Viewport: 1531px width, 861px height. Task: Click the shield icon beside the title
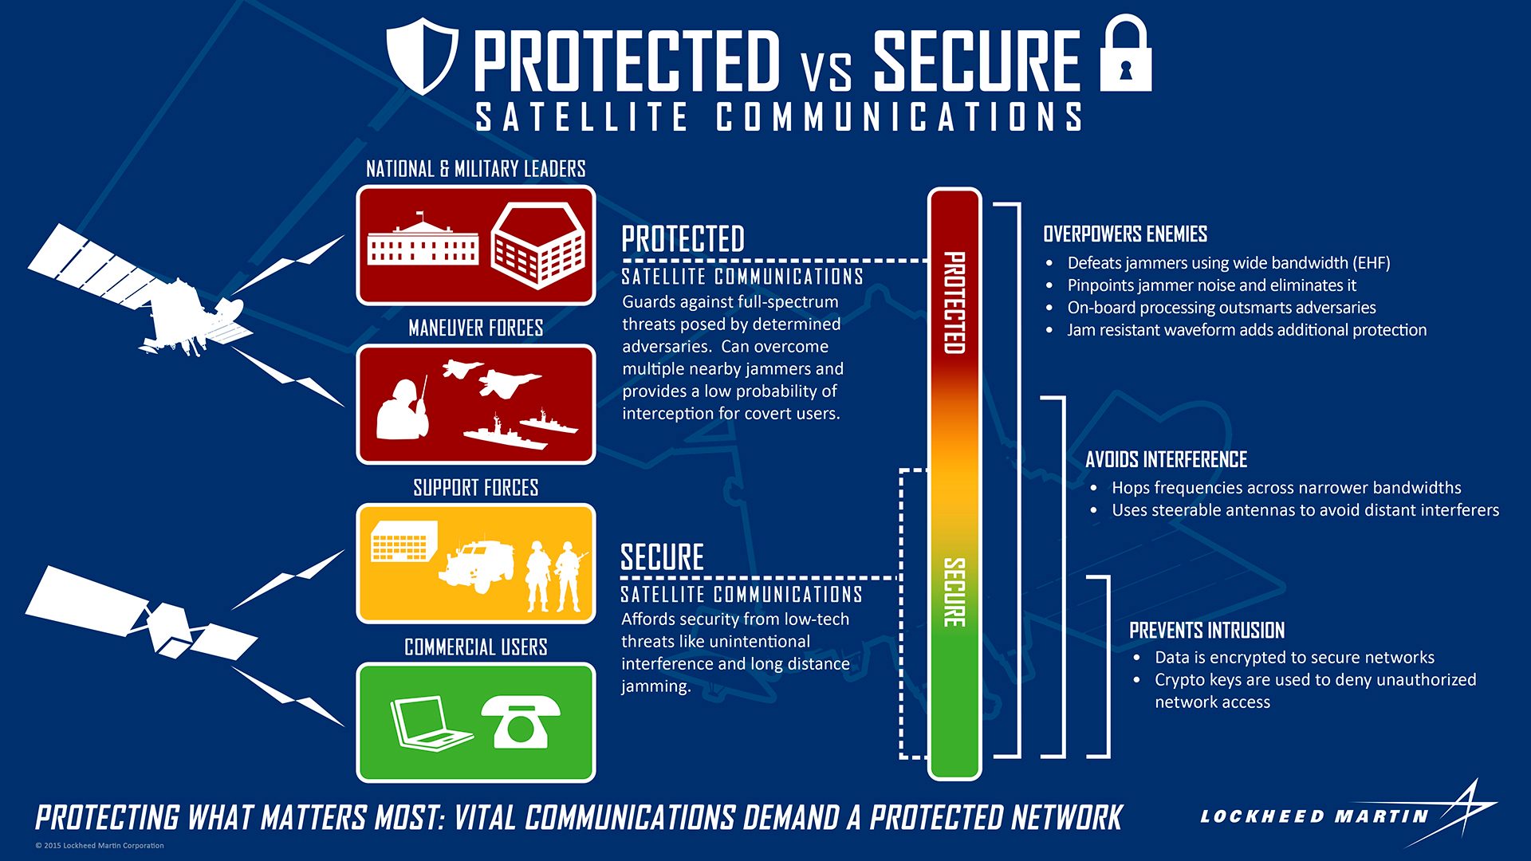(422, 58)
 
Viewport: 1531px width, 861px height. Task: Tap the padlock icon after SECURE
(1125, 53)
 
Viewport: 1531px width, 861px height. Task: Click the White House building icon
(423, 239)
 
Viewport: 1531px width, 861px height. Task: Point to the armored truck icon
(475, 565)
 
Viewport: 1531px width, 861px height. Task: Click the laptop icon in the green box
(431, 724)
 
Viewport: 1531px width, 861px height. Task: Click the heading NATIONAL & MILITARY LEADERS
(476, 169)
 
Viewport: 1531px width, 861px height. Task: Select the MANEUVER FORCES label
(476, 328)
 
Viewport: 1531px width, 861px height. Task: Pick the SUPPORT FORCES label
(476, 487)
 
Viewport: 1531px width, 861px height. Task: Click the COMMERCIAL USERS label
(476, 647)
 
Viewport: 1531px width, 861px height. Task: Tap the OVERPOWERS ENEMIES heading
(1125, 234)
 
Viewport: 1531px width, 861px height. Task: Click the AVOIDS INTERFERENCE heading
(1166, 459)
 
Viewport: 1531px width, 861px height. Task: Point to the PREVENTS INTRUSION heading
(1206, 631)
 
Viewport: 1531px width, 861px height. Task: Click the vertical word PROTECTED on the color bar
(954, 303)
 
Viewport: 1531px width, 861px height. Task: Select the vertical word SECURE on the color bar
(954, 592)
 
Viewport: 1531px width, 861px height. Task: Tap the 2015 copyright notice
(100, 845)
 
